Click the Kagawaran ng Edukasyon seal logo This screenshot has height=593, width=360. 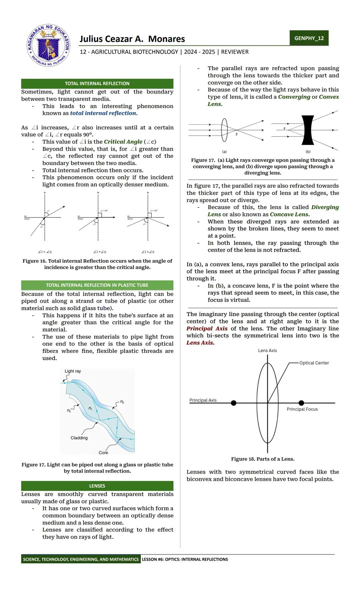[49, 45]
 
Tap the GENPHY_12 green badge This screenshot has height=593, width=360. [309, 38]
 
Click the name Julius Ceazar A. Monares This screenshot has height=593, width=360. [132, 39]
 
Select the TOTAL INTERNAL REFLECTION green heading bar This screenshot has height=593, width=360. [97, 83]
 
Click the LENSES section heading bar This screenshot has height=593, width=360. [97, 486]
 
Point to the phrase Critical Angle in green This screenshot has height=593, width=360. [123, 142]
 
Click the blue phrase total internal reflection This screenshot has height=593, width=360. [103, 113]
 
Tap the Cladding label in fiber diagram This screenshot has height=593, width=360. [79, 438]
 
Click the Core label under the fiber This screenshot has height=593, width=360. [103, 453]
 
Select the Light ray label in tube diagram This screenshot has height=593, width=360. [73, 371]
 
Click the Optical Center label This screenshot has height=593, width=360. [314, 363]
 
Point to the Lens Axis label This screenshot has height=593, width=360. [267, 351]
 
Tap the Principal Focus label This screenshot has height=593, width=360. [302, 409]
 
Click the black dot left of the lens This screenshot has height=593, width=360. [234, 403]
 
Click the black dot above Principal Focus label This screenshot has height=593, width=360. [301, 403]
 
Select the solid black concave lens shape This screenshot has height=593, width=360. [308, 130]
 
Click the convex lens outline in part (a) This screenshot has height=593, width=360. [224, 130]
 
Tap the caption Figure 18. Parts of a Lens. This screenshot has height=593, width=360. [263, 459]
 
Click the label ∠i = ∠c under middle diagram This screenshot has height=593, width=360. [100, 252]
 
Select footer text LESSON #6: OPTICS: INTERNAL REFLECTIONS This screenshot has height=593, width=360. [185, 559]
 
